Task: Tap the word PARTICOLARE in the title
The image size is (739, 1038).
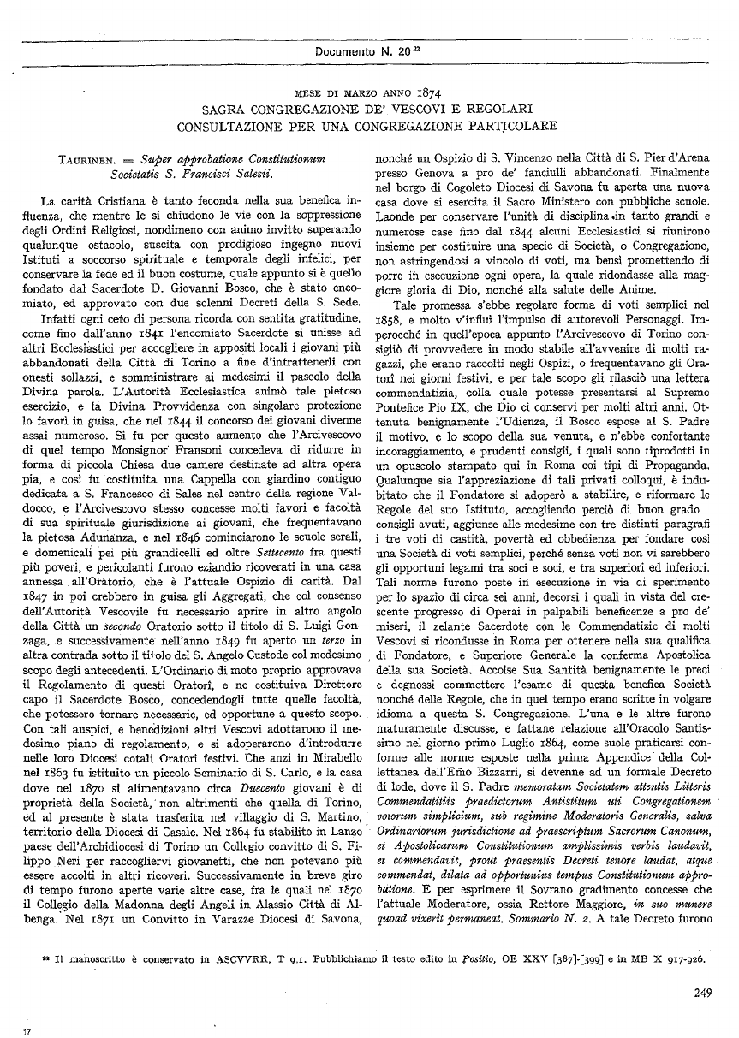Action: (514, 126)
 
